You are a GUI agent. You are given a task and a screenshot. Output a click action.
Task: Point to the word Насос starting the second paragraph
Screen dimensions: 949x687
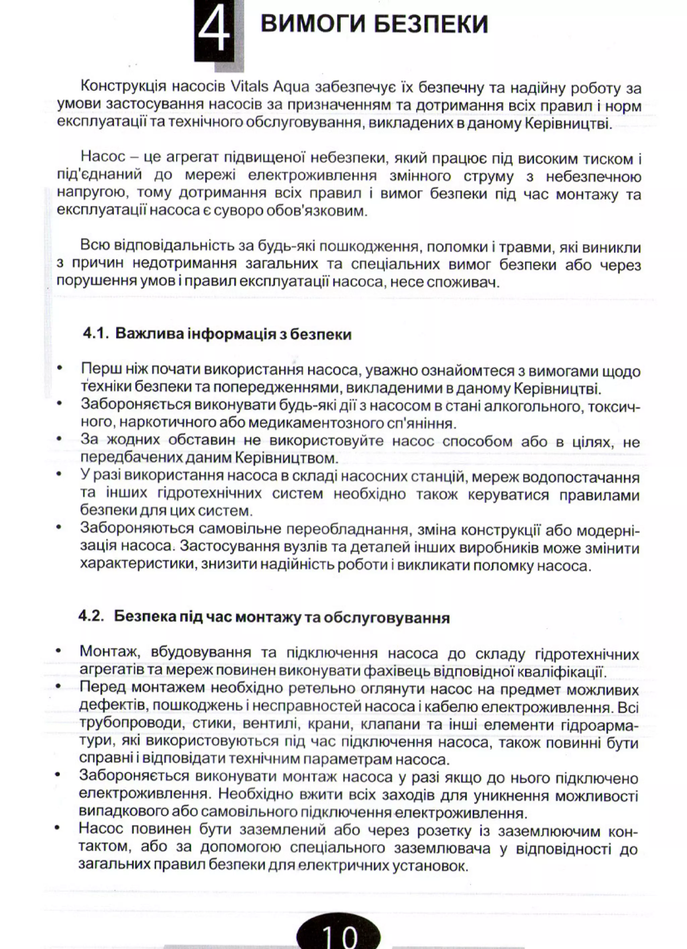(x=103, y=157)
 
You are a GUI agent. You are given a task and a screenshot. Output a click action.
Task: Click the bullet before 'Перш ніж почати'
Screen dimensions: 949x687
(x=59, y=369)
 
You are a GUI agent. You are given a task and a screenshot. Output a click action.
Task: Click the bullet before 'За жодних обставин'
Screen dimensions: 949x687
(x=59, y=439)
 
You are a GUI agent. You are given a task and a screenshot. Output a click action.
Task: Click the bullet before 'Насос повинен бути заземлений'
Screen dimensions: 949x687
(x=57, y=828)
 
